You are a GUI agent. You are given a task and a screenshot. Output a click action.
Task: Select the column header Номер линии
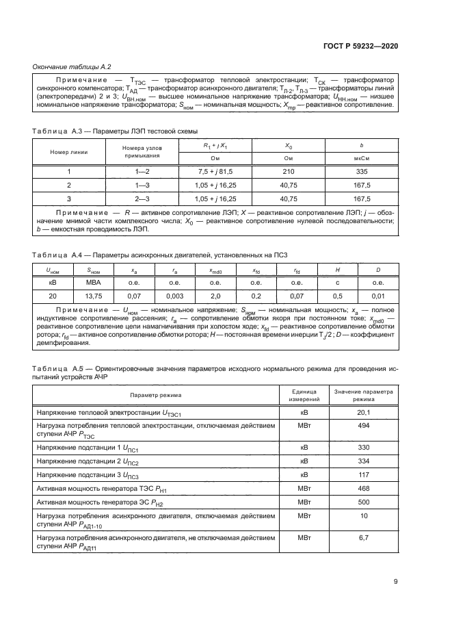pyautogui.click(x=69, y=151)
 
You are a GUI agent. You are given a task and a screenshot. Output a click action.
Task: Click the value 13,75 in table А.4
pyautogui.click(x=93, y=295)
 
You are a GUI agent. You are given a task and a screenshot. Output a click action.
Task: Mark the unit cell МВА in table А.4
pyautogui.click(x=93, y=281)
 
